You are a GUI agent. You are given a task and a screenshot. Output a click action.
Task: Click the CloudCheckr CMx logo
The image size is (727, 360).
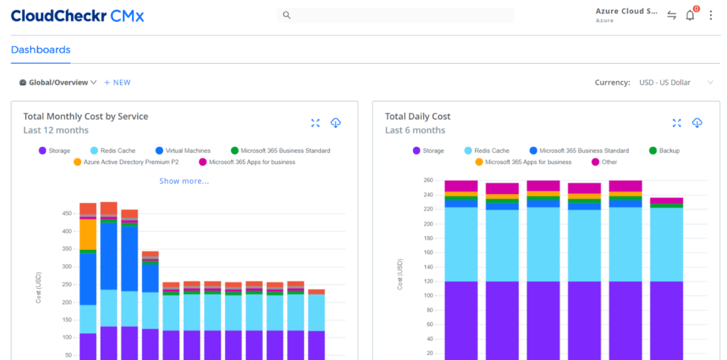(77, 15)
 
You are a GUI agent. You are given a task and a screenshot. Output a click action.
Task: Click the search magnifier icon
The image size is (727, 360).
(286, 15)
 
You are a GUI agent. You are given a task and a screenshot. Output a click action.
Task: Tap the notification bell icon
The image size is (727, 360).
(690, 15)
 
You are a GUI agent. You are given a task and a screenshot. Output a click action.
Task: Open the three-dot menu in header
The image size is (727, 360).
(711, 15)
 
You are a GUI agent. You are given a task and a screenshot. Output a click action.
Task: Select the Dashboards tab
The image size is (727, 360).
(40, 50)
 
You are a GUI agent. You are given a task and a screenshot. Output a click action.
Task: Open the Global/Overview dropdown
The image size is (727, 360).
(58, 82)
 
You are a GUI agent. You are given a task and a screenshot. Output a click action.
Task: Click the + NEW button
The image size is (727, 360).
(117, 82)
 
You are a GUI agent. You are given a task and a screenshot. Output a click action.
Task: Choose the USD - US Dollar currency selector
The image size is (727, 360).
(674, 82)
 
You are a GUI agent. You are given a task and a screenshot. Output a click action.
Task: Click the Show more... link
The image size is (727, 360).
(184, 181)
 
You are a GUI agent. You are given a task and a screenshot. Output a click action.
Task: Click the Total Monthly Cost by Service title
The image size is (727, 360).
(85, 116)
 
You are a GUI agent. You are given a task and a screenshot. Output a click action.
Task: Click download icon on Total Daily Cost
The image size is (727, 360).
(697, 123)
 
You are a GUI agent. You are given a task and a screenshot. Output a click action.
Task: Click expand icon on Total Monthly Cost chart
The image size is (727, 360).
(316, 123)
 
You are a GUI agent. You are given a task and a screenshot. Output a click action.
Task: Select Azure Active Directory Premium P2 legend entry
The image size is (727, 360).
(129, 162)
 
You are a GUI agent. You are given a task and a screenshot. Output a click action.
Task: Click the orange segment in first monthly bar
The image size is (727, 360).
(88, 234)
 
